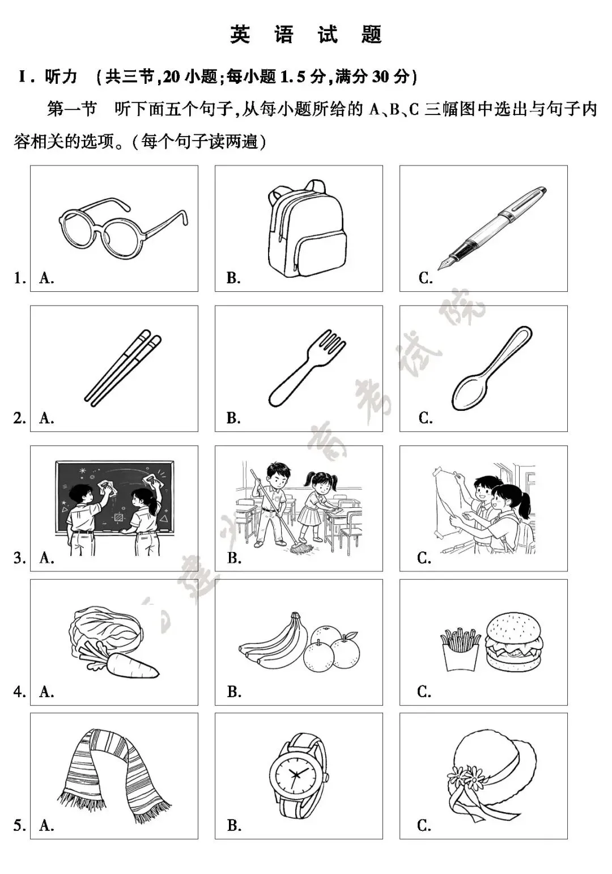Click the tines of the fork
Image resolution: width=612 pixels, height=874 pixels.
click(328, 342)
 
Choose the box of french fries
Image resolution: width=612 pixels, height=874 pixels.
click(460, 649)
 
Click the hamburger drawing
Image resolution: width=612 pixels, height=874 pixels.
click(513, 642)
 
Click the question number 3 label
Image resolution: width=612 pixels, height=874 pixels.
click(19, 558)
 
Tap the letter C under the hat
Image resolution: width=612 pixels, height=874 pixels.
click(424, 825)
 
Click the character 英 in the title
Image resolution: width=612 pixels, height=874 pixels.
click(240, 35)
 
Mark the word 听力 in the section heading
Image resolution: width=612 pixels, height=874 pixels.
click(61, 77)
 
